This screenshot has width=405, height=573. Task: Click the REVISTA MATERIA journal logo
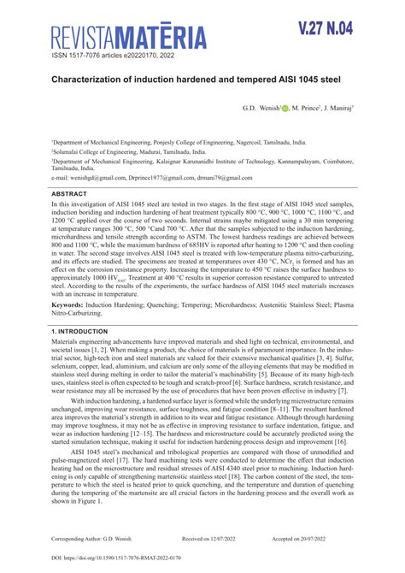pos(127,37)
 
